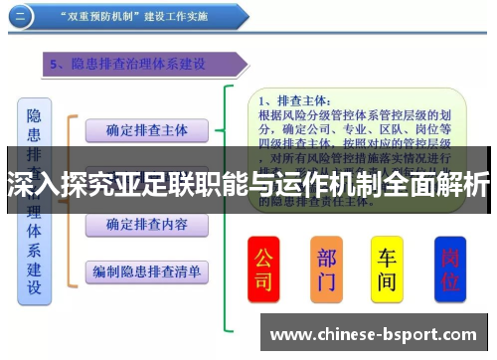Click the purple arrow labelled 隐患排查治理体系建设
(x=139, y=65)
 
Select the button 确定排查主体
(x=146, y=130)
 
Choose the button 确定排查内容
(x=146, y=225)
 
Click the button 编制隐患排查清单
(x=146, y=271)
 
